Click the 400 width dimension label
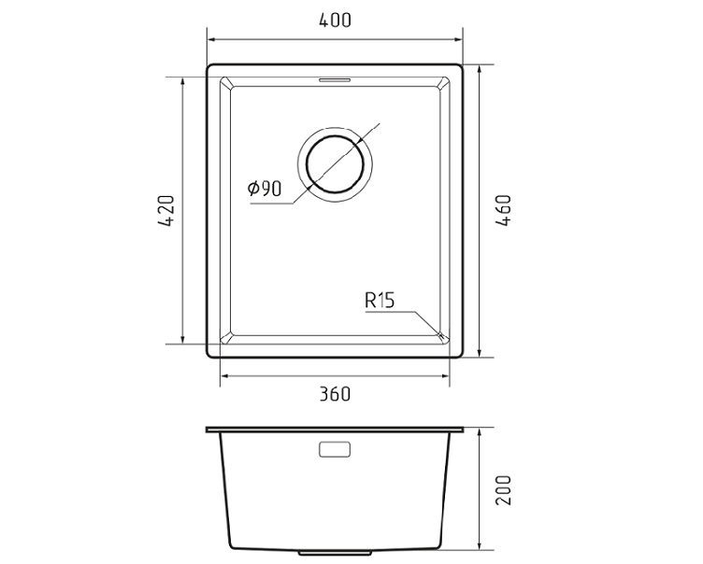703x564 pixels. pos(335,21)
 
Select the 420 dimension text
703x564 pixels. pos(166,210)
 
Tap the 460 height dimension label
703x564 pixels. pos(503,210)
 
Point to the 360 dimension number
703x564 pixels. pos(335,394)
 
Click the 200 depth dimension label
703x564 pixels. pos(503,490)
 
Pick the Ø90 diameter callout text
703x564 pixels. pos(265,189)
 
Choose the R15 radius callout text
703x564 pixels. pos(380,300)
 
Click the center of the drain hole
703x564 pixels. pos(335,164)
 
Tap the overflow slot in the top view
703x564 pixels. pos(335,79)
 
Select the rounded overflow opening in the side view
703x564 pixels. pos(335,449)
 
